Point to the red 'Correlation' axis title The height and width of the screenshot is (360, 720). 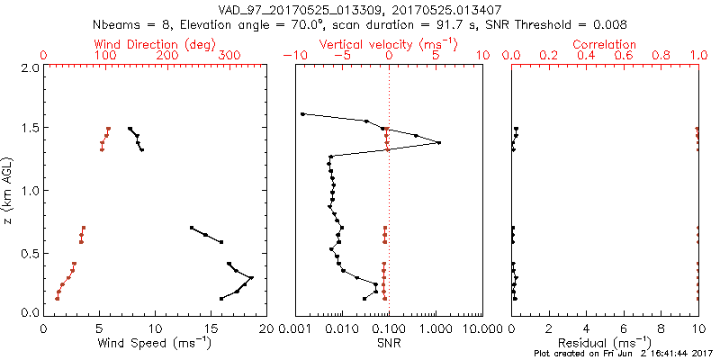point(605,44)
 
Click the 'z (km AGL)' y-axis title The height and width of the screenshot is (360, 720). point(8,190)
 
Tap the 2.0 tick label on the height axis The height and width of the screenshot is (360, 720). point(30,67)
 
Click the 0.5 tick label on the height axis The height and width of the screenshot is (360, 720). point(30,252)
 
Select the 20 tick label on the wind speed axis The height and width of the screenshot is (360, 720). point(266,329)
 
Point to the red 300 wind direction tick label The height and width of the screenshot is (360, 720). point(229,56)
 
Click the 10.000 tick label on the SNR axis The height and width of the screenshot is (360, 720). point(481,329)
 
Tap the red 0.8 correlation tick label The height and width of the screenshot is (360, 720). point(661,56)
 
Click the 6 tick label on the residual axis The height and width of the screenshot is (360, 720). point(624,329)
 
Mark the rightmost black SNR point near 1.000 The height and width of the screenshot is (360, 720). point(438,142)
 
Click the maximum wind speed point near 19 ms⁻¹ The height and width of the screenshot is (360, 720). point(252,277)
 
